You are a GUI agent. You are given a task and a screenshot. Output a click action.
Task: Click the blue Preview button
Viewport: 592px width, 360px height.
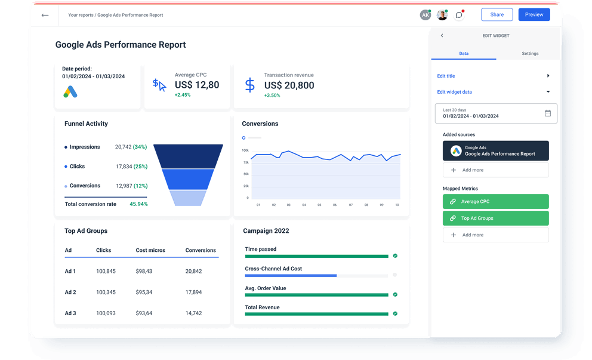click(534, 15)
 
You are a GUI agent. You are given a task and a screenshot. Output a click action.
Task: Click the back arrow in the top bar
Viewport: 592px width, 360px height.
click(45, 15)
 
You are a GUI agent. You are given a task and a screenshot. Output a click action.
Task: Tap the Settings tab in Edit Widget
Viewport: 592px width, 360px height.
click(530, 54)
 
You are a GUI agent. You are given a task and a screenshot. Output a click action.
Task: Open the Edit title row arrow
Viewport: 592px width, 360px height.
click(548, 76)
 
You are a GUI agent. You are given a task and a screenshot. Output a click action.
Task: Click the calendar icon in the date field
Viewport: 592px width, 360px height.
click(548, 113)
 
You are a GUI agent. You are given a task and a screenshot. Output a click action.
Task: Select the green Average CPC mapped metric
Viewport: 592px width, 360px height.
click(495, 202)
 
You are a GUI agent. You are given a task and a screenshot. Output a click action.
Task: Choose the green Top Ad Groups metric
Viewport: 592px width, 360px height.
click(495, 219)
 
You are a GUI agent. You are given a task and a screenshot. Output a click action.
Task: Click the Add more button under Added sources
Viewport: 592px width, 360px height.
click(495, 170)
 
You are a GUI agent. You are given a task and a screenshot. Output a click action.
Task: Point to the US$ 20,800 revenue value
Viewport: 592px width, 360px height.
click(289, 85)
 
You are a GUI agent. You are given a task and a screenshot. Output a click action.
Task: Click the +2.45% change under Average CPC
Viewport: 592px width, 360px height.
click(183, 95)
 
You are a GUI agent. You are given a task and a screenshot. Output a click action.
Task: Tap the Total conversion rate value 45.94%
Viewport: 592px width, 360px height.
click(138, 204)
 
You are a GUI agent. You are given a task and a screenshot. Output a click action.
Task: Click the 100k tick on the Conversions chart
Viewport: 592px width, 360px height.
click(245, 150)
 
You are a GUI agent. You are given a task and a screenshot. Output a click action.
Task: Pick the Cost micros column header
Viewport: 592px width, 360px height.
click(150, 250)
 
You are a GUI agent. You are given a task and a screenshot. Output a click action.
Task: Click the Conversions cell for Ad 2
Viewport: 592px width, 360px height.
click(193, 292)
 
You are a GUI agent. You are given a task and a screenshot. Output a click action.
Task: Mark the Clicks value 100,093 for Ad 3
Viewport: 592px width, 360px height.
click(106, 313)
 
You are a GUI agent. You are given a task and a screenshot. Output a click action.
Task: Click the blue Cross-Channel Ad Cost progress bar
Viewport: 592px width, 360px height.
click(291, 276)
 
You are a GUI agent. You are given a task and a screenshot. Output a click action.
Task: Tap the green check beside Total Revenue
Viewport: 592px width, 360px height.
click(395, 313)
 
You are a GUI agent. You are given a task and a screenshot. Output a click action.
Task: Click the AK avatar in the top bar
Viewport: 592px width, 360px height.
click(425, 15)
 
